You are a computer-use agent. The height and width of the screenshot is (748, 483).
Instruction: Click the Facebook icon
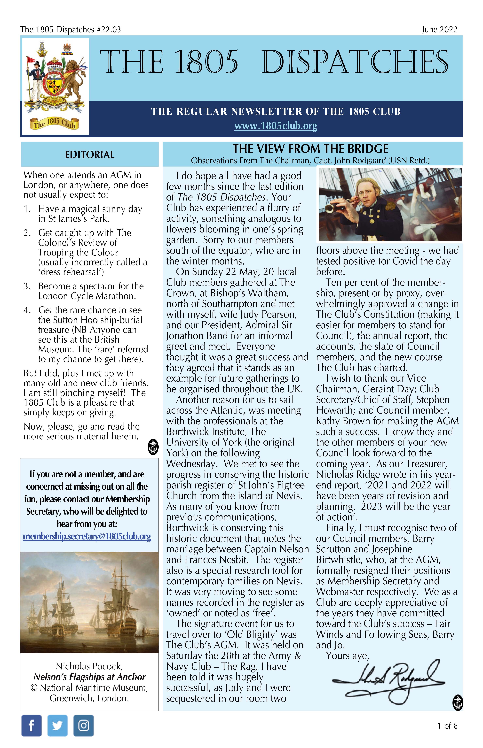[x=31, y=725]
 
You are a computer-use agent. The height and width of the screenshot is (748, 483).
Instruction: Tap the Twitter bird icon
[x=57, y=725]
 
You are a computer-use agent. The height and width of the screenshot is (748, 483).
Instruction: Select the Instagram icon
[x=83, y=725]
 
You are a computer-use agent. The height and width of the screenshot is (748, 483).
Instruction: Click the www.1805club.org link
[x=276, y=126]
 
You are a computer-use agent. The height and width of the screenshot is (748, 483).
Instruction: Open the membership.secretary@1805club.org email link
[x=87, y=536]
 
